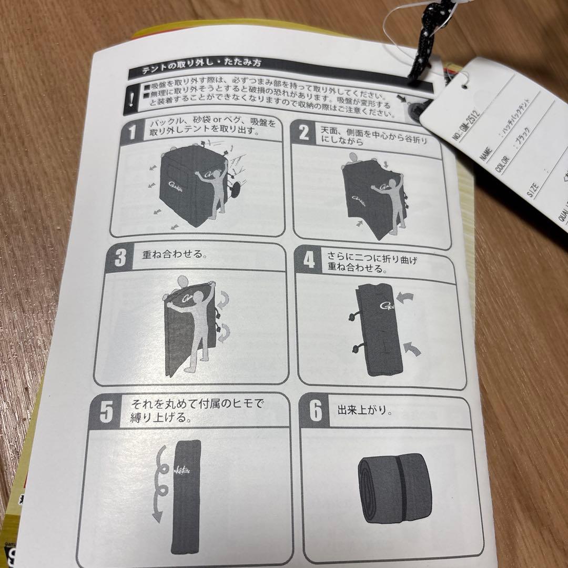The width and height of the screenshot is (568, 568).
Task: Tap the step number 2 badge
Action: [303, 133]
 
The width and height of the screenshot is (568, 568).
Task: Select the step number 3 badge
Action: [120, 258]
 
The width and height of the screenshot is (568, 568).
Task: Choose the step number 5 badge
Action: [106, 411]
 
